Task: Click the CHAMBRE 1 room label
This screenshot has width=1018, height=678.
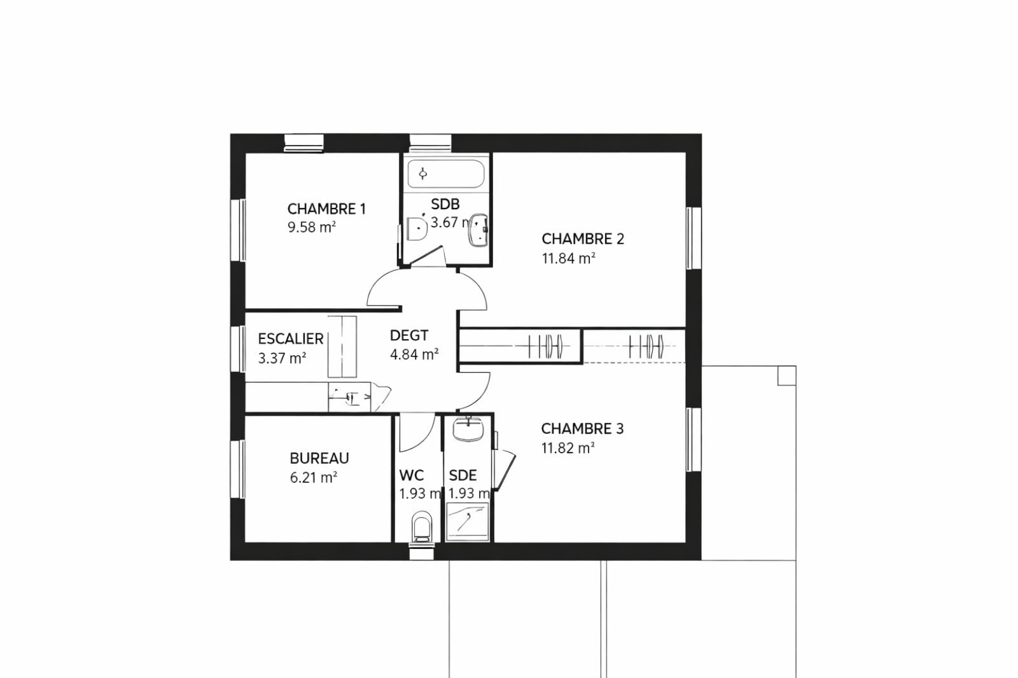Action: [x=326, y=209]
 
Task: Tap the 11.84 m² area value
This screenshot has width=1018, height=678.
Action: [x=569, y=258]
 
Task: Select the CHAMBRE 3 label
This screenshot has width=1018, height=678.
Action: [x=582, y=429]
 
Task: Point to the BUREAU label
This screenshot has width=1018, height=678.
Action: [x=319, y=458]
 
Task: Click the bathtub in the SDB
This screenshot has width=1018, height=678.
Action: [x=446, y=174]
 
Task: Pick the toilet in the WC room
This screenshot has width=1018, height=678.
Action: [x=421, y=527]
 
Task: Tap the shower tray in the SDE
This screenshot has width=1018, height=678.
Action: [x=468, y=522]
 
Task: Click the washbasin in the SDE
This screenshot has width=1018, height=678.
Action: [x=468, y=429]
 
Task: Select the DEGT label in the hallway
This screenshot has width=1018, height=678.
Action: [x=409, y=335]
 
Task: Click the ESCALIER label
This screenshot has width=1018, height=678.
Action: [x=291, y=338]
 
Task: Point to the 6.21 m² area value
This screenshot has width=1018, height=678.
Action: [x=314, y=478]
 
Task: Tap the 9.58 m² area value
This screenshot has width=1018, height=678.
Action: [x=312, y=227]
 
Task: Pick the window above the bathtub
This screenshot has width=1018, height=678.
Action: [x=430, y=142]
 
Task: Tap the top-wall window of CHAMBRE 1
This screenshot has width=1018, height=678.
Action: [x=303, y=142]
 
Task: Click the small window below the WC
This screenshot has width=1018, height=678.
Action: [x=422, y=551]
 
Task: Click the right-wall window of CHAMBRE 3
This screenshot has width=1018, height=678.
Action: [x=694, y=439]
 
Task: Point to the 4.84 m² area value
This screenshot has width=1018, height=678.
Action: [x=414, y=354]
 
